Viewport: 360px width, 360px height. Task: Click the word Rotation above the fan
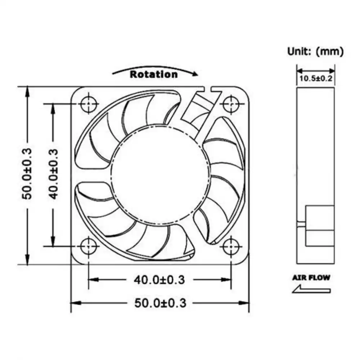coord(154,75)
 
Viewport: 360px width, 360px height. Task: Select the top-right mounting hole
coord(230,104)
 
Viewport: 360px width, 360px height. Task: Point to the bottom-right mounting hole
coord(230,247)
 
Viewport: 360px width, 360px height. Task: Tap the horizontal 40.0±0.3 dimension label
coord(159,279)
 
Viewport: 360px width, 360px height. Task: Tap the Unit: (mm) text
coord(315,51)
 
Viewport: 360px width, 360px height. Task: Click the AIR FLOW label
coord(311,278)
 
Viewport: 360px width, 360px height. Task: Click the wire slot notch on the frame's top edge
coord(206,89)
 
